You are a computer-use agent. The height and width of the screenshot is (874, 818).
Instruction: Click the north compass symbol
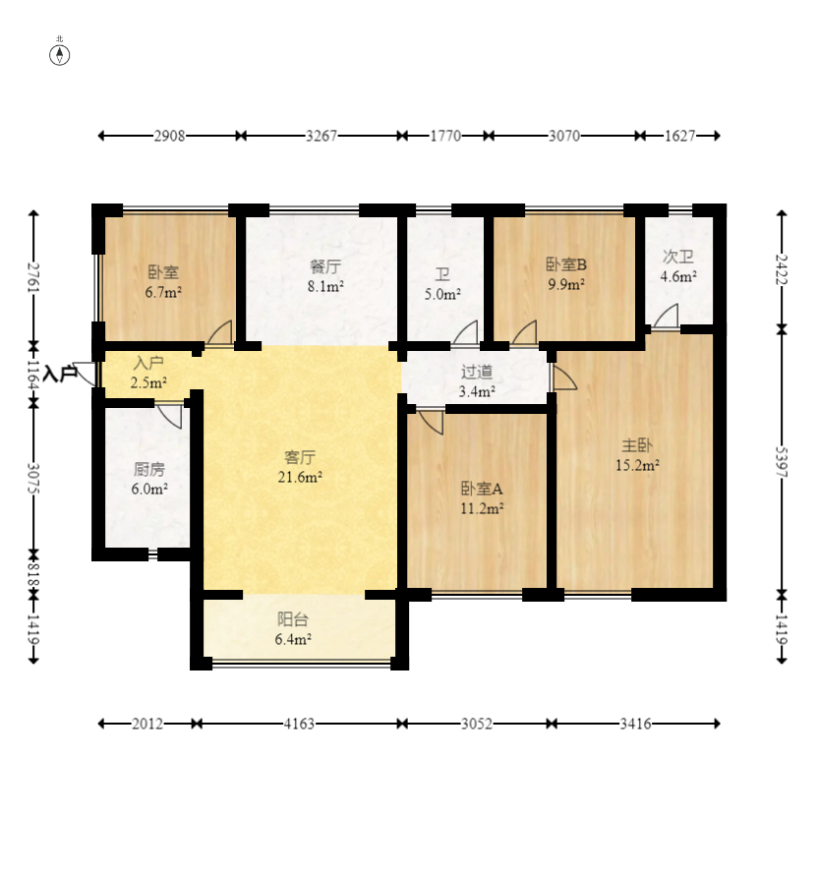click(x=60, y=55)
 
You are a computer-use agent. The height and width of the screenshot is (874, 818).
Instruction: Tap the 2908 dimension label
click(x=169, y=136)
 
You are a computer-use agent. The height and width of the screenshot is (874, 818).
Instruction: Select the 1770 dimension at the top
click(x=445, y=136)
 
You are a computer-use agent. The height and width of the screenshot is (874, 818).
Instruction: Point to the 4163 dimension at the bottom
click(x=300, y=724)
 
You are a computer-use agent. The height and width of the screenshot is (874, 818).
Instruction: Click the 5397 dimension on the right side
click(x=782, y=462)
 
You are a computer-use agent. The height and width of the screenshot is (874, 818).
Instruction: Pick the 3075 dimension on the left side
click(x=34, y=478)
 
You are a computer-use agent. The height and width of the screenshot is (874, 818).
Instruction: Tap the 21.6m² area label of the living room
click(x=300, y=477)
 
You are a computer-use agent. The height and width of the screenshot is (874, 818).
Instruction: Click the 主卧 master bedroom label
click(x=637, y=445)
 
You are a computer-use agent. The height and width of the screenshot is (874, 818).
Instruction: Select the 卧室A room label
click(x=482, y=489)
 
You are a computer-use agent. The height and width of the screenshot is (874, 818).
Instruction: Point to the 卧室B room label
click(x=566, y=264)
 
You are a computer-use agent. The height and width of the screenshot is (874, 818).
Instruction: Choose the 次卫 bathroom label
click(x=678, y=257)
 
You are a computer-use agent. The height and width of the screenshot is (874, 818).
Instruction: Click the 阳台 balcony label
click(x=293, y=619)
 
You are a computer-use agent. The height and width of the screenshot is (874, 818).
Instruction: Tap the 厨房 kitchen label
click(x=149, y=469)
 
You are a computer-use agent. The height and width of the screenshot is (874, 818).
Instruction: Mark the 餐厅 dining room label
click(x=325, y=266)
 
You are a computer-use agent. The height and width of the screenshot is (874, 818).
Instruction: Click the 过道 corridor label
click(x=477, y=372)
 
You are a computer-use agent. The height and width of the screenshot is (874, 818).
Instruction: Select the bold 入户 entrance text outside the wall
click(x=60, y=374)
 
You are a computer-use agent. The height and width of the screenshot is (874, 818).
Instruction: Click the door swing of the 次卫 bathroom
click(x=667, y=316)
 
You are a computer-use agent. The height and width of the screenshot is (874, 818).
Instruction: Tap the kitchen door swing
click(x=169, y=416)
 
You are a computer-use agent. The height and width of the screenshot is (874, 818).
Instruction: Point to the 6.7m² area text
click(x=163, y=292)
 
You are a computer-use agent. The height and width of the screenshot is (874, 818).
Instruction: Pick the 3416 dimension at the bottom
click(x=636, y=724)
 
